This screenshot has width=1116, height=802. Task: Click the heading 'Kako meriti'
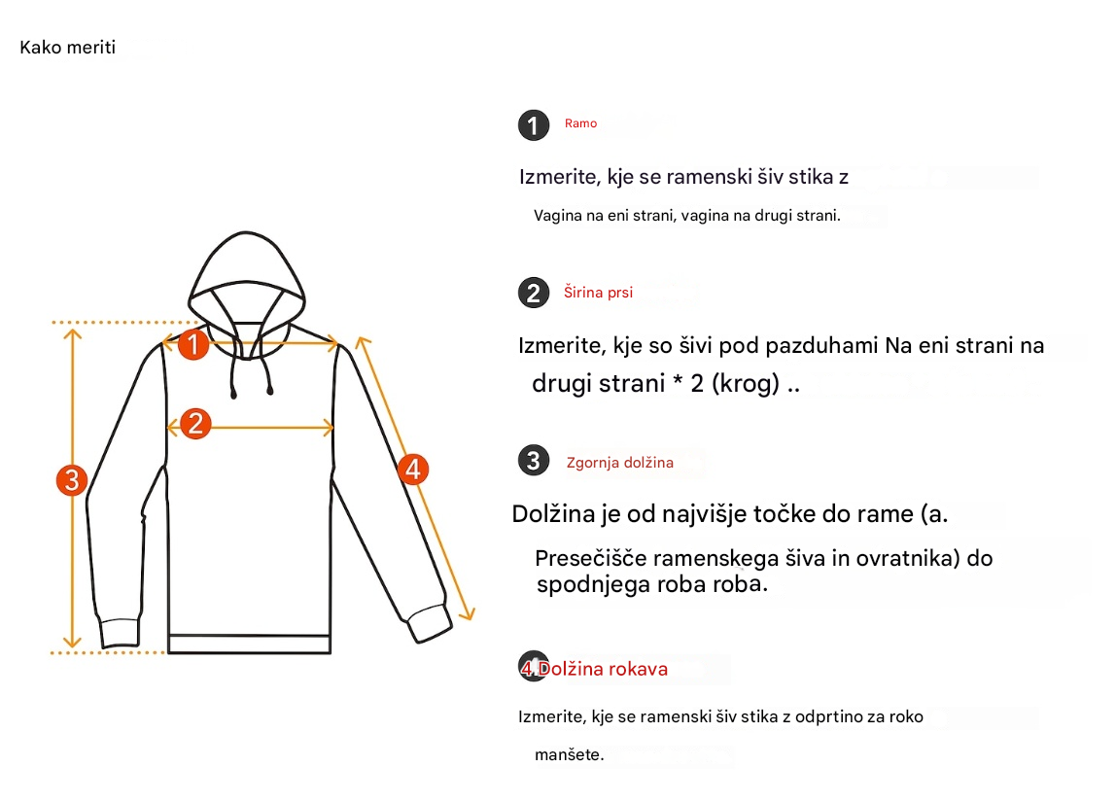click(x=68, y=48)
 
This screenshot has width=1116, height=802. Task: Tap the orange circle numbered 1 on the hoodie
click(x=192, y=344)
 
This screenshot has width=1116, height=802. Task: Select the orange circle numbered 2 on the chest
click(x=195, y=424)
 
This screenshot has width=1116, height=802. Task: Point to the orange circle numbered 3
click(x=72, y=479)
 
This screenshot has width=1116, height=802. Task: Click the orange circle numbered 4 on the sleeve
click(x=413, y=469)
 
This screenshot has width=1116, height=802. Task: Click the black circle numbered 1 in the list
click(x=534, y=125)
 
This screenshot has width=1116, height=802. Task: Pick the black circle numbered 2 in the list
click(x=534, y=293)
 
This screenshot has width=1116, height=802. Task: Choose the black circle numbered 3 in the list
click(x=534, y=461)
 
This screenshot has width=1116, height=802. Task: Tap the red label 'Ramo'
click(x=580, y=123)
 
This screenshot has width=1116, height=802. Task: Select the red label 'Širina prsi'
click(x=599, y=292)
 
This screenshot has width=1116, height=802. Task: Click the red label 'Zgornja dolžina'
click(x=620, y=463)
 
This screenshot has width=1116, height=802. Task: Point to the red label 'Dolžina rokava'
click(x=603, y=669)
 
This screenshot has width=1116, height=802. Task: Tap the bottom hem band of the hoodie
click(x=249, y=644)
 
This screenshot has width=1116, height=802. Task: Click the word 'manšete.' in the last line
click(x=570, y=754)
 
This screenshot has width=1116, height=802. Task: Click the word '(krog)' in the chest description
click(x=746, y=384)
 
